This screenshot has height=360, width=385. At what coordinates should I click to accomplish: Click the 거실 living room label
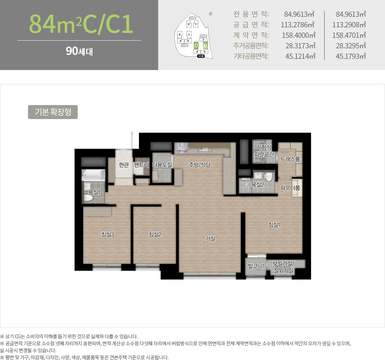(210, 239)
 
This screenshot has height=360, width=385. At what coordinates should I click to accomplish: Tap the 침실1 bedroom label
(274, 225)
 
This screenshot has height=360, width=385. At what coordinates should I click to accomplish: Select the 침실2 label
(155, 235)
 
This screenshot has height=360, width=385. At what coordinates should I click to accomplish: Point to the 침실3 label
(107, 235)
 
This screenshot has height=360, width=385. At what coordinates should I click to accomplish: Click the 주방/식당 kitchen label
(199, 165)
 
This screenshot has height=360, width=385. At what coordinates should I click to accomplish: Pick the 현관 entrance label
(124, 165)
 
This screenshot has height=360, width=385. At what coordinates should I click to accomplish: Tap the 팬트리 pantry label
(141, 165)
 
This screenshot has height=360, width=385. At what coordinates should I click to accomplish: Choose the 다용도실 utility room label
(162, 165)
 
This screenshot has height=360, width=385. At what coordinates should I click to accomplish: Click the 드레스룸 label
(290, 159)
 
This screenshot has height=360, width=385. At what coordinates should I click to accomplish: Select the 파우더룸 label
(290, 188)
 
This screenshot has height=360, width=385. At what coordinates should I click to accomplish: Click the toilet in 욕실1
(89, 198)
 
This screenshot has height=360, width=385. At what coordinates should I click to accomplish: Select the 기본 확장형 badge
(53, 112)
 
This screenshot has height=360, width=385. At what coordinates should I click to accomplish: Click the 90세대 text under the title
(79, 51)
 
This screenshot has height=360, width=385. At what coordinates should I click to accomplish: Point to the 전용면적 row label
(251, 14)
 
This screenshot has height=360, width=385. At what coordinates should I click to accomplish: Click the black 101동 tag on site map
(201, 56)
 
